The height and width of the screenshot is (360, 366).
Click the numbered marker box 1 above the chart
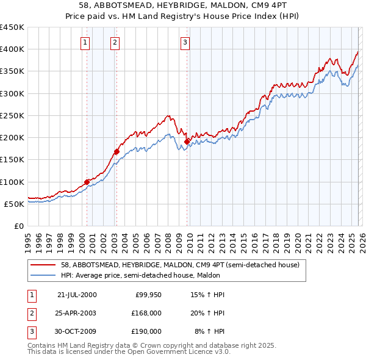84,42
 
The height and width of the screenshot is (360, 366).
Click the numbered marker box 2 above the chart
115,42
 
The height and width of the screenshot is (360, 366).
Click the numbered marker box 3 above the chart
184,42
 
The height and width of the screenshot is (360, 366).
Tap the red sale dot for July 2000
87,181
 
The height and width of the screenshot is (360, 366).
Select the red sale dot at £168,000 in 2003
117,151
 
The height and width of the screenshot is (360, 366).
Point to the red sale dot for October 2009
187,142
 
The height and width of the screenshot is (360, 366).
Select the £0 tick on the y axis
18,226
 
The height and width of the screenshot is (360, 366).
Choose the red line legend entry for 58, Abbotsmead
180,265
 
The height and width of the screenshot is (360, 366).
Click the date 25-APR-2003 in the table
77,313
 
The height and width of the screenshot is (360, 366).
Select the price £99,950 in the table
149,295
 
